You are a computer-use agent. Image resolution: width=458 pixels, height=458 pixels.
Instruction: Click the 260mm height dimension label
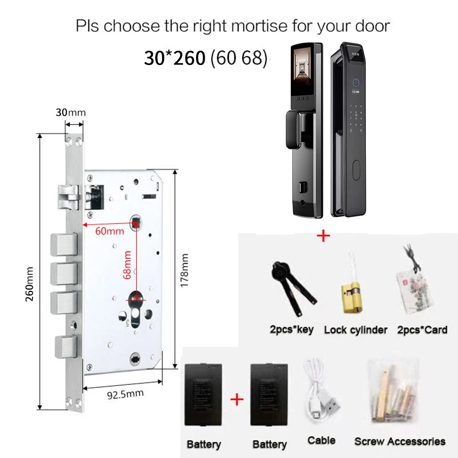[x=29, y=284]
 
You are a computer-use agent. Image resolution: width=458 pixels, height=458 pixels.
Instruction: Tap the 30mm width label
[x=71, y=113]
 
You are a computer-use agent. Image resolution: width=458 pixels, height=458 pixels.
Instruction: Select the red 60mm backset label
[x=109, y=231]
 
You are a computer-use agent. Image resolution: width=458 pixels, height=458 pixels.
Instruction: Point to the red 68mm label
[x=127, y=265]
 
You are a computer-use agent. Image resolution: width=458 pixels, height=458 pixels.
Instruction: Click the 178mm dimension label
[x=184, y=271]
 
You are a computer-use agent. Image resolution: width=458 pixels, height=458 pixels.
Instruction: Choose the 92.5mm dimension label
[x=125, y=395]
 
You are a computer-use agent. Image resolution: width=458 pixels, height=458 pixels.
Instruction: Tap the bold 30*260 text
[x=174, y=58]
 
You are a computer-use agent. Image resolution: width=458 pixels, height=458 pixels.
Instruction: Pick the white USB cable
[x=321, y=392]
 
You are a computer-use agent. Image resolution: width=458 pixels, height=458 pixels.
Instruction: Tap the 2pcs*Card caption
[x=422, y=330]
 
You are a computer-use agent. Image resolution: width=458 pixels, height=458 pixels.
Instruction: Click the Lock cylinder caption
[x=355, y=330]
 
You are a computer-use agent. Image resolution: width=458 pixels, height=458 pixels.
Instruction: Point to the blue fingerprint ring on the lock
[x=356, y=82]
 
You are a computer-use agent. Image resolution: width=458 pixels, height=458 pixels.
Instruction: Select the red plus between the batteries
[x=237, y=399]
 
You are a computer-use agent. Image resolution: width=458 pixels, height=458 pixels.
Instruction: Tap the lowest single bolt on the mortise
[x=66, y=347]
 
